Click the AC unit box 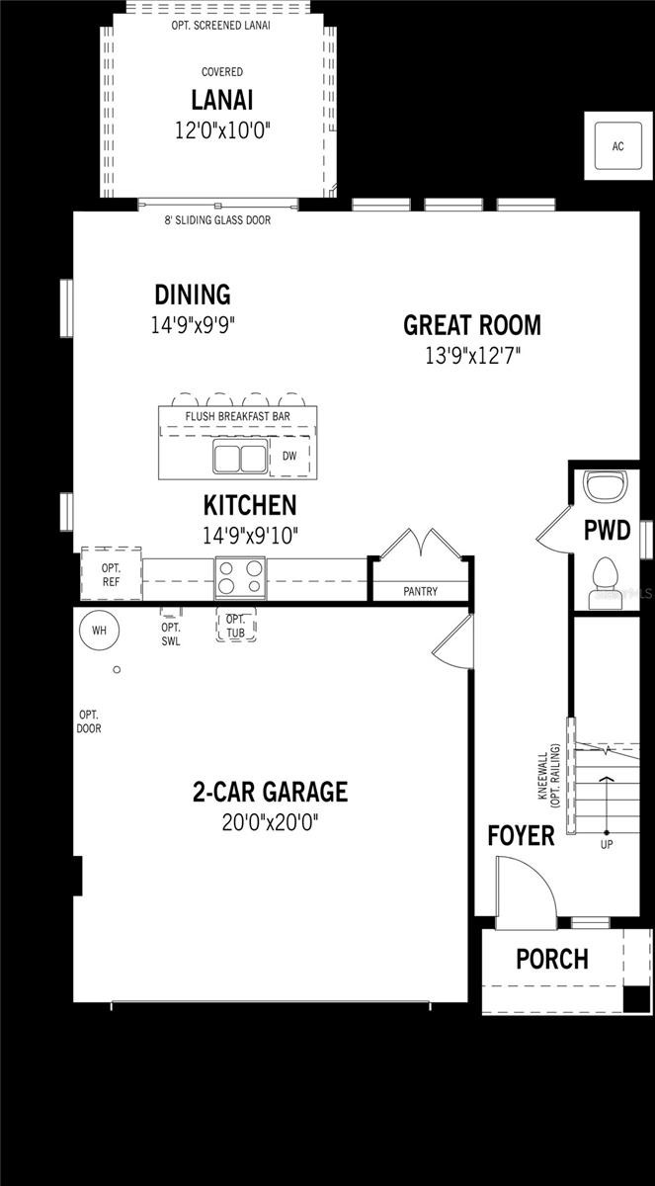tap(617, 146)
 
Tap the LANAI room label tap(222, 100)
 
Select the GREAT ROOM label tap(471, 324)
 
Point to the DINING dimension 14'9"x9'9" tap(193, 324)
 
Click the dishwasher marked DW tap(289, 457)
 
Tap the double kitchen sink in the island tap(240, 458)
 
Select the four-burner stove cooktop tap(240, 577)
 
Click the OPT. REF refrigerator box tap(111, 574)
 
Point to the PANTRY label tap(421, 592)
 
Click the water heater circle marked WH tap(99, 630)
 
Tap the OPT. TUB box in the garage tap(235, 626)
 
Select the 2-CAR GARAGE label tap(270, 792)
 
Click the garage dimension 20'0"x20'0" tap(270, 822)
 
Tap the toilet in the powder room tap(602, 579)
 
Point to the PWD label tap(607, 531)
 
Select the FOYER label tap(521, 836)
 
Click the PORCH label tap(551, 959)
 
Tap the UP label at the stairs tap(607, 845)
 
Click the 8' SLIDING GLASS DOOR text tap(217, 220)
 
